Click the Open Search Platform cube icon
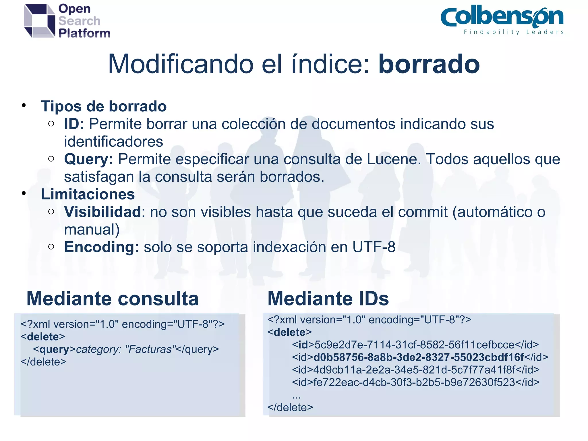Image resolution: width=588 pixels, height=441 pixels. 40,21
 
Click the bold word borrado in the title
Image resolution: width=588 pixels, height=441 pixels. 429,64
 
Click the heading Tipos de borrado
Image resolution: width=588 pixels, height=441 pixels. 104,106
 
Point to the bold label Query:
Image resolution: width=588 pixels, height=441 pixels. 88,159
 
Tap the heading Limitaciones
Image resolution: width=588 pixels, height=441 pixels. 88,194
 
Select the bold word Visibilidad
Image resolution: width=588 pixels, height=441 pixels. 102,212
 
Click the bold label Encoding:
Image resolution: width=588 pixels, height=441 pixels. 102,247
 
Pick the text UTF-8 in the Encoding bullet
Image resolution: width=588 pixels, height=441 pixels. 374,247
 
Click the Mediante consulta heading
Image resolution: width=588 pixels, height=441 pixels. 113,299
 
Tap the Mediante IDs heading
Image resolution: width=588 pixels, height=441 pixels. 328,299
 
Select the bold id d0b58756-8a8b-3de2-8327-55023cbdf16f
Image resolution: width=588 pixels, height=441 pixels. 419,357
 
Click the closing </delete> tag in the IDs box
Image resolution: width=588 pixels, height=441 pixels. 290,407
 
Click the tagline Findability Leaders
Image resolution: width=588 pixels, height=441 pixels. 514,32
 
